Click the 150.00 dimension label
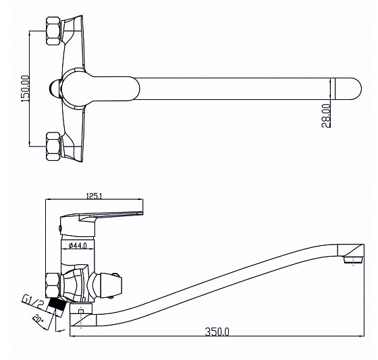coord(26,88)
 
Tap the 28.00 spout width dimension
coord(325,115)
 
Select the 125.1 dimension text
coord(94,196)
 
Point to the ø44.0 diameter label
coord(78,246)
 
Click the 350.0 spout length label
coord(217,332)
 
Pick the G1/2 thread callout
coord(33,302)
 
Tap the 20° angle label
coord(38,319)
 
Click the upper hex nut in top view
coord(53,30)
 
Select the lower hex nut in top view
coord(53,147)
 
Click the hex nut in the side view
coord(53,285)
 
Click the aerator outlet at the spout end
coord(354,259)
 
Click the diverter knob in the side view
coord(106,285)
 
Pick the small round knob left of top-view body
coord(55,88)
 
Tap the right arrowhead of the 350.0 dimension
coord(362,336)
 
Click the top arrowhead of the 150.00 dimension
coord(30,33)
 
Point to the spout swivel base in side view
coord(81,315)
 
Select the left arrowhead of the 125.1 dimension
coord(49,199)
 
